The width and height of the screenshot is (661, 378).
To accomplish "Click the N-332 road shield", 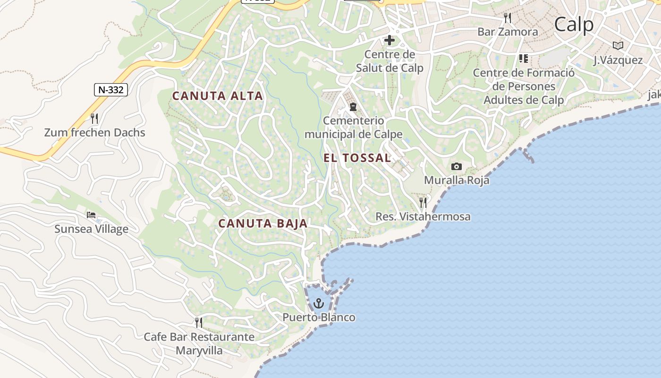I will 111,89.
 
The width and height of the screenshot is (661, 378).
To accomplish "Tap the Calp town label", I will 574,24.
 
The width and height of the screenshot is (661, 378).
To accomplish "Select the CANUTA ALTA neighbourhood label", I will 217,96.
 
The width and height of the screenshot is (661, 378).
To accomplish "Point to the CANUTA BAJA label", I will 263,223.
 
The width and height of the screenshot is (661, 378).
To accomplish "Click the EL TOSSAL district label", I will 357,158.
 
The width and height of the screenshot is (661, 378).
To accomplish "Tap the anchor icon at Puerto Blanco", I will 319,302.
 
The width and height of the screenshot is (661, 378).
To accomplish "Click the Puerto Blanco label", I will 319,317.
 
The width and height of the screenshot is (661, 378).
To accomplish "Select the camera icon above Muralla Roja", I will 456,166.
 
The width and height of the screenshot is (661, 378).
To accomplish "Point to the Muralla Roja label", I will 456,180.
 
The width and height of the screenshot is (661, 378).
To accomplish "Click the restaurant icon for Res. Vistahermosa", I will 423,203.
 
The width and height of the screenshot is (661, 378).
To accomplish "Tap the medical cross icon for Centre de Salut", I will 390,41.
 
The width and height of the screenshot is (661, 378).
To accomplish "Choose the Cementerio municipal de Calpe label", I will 353,128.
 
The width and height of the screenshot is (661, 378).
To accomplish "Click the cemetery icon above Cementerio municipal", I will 353,107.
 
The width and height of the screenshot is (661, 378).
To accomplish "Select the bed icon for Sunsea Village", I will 91,215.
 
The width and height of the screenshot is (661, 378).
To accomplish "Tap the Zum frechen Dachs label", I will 94,133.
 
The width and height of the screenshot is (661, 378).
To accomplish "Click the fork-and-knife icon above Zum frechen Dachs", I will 94,118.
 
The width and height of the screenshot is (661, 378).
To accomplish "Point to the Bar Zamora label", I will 508,32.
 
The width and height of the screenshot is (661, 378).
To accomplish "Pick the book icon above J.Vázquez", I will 618,45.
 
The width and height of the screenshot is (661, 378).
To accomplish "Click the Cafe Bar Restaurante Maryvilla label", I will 199,344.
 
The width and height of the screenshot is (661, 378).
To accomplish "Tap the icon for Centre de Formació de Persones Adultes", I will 523,59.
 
